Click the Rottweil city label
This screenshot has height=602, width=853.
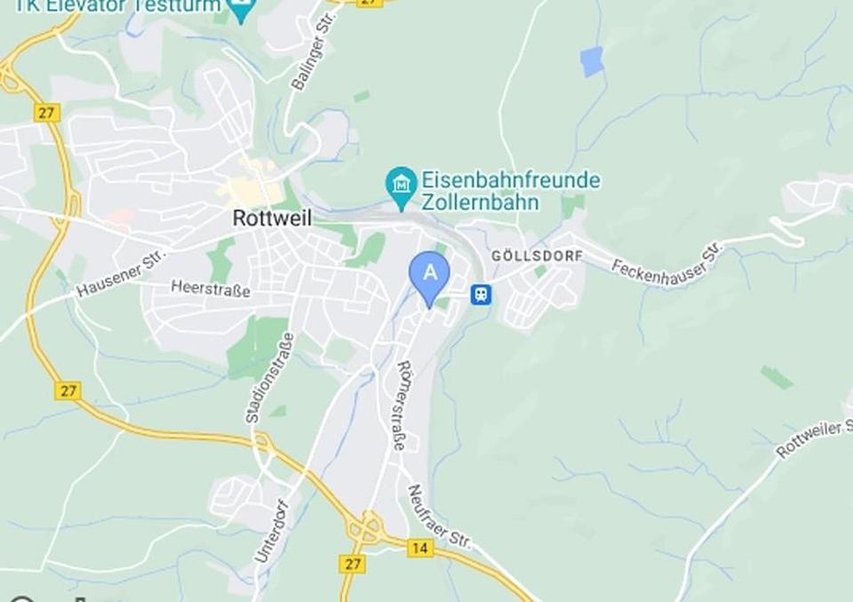pyautogui.click(x=272, y=218)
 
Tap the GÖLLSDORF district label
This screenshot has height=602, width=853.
pyautogui.click(x=538, y=256)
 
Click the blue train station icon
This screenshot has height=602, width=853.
pyautogui.click(x=481, y=294)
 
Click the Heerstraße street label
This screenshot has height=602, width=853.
pyautogui.click(x=210, y=289)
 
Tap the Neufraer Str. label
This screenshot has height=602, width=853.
pyautogui.click(x=439, y=516)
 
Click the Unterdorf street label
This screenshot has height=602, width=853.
pyautogui.click(x=272, y=530)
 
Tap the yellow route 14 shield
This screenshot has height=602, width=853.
pyautogui.click(x=420, y=548)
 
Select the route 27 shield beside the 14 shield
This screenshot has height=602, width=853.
pyautogui.click(x=352, y=564)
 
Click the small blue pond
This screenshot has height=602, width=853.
pyautogui.click(x=592, y=61)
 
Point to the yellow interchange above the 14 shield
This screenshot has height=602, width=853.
pyautogui.click(x=366, y=528)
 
